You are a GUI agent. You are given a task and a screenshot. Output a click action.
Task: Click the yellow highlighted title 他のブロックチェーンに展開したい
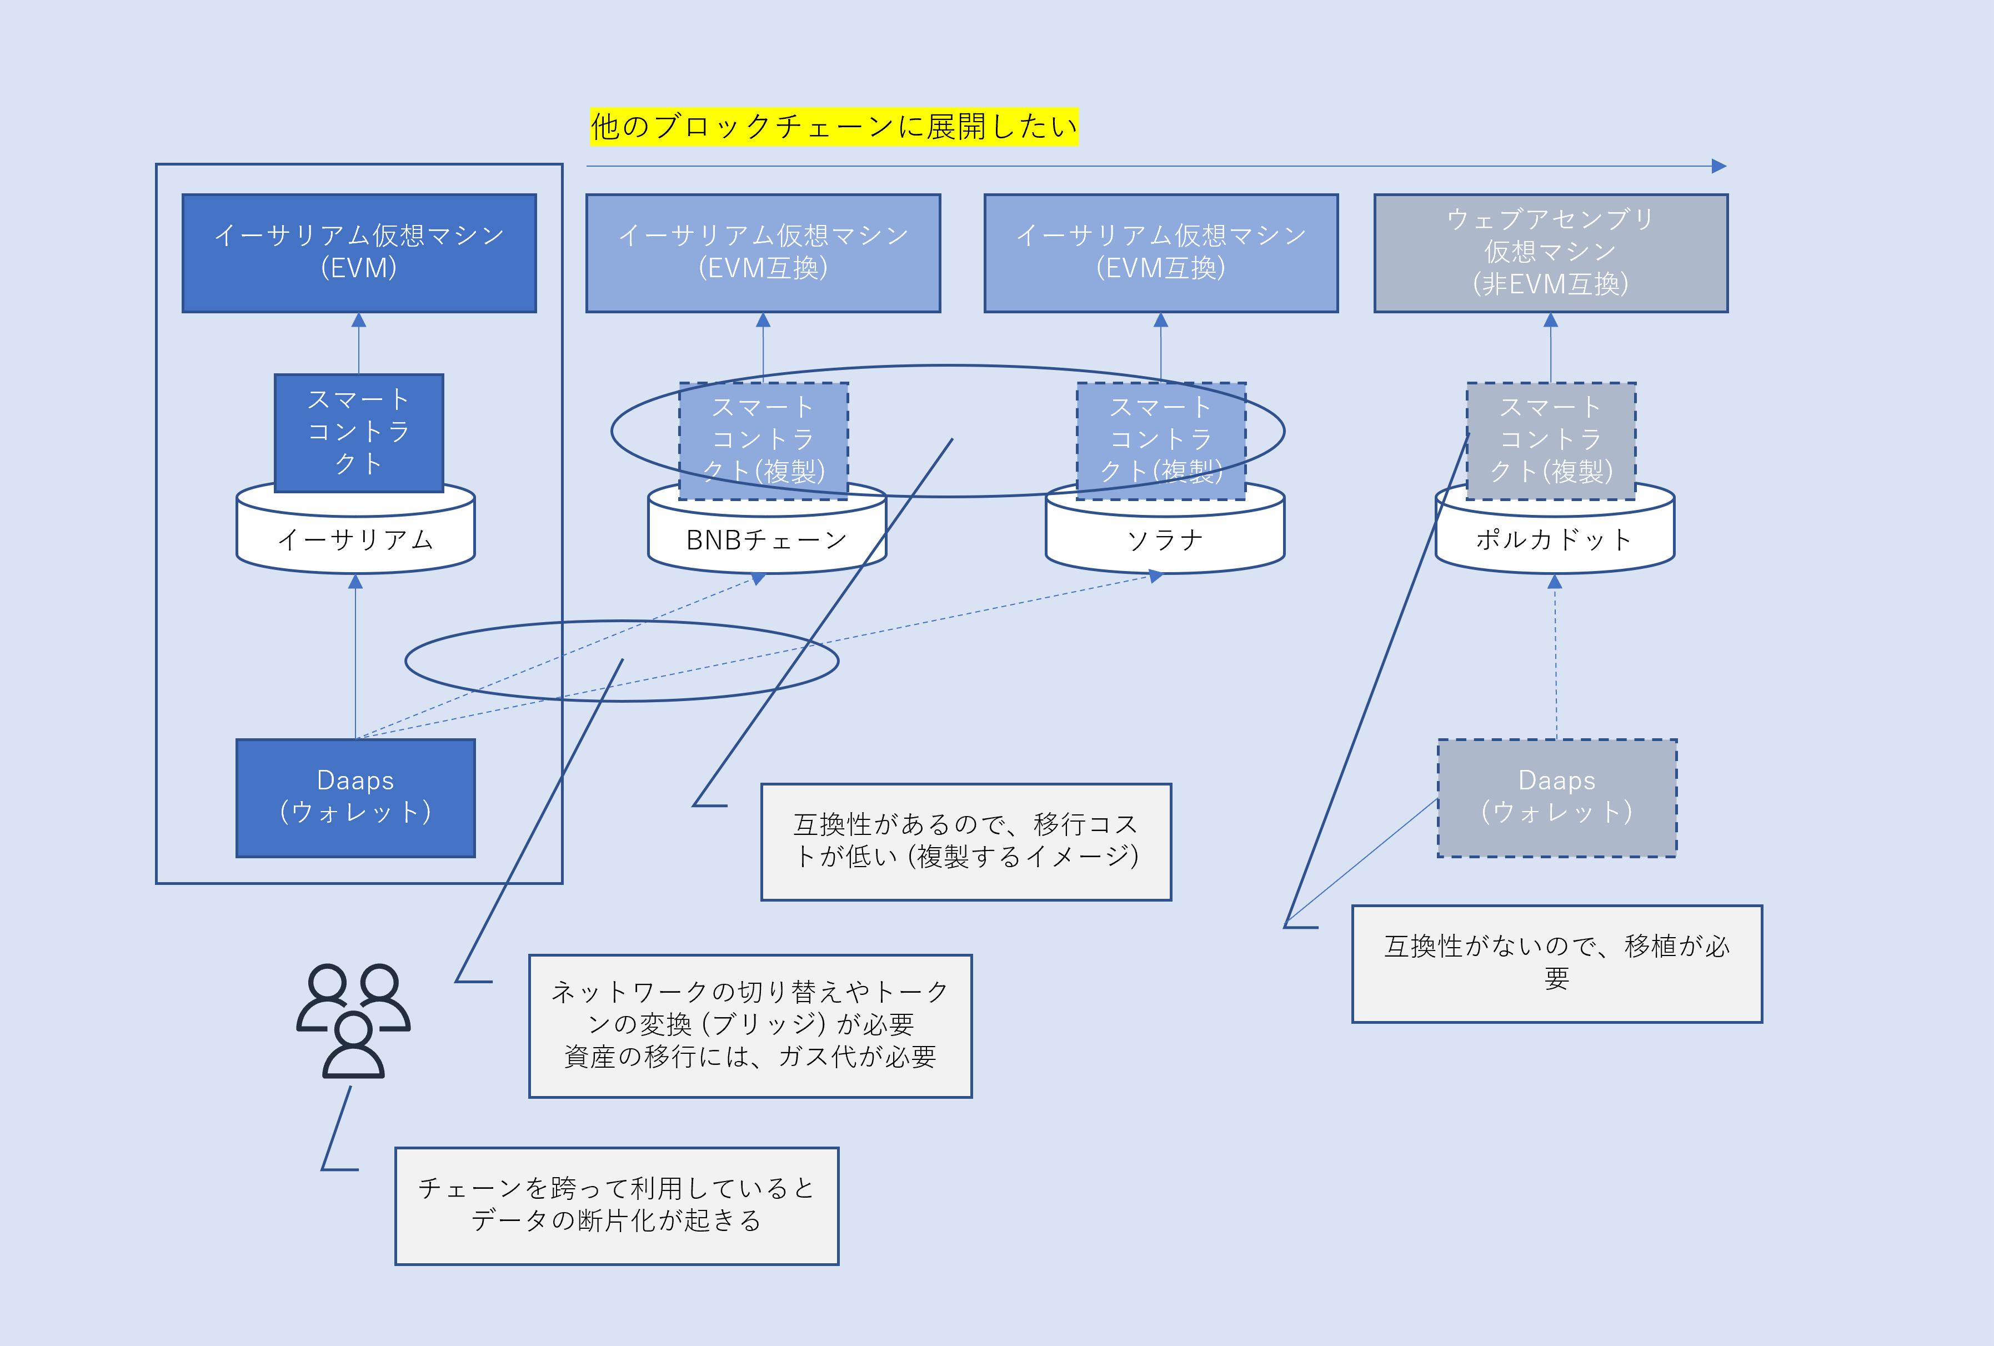pos(833,127)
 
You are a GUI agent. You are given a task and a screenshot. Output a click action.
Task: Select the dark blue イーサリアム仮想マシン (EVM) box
pos(359,252)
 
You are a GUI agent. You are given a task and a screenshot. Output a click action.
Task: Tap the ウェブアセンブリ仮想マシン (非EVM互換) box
pos(1550,252)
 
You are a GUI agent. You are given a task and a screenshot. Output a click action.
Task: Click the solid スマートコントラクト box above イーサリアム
pos(359,432)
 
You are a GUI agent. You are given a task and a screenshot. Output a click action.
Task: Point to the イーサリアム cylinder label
pos(355,539)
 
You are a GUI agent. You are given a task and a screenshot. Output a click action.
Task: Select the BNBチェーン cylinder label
pos(766,539)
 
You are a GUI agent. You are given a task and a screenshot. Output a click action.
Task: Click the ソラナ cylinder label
pos(1164,539)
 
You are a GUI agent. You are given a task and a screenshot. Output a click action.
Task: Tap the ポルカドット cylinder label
pos(1554,539)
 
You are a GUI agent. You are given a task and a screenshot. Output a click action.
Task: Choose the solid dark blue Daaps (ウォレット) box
pos(355,797)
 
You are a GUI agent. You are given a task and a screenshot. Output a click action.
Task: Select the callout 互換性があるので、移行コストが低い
pos(965,840)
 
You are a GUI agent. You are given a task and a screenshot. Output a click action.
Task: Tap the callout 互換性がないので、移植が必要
pos(1556,963)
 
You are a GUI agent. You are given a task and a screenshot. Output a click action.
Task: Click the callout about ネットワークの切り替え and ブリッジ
pos(750,1025)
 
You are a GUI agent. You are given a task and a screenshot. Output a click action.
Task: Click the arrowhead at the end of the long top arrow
pos(1719,166)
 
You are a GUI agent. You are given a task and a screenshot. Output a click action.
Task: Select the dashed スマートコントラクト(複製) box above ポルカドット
pos(1550,440)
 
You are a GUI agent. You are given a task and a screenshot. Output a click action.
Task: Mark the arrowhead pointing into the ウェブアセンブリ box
pos(1550,320)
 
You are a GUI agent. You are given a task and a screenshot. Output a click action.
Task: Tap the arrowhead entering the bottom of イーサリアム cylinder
pos(355,582)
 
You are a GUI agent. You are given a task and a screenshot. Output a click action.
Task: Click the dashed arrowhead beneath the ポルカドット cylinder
pos(1554,582)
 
